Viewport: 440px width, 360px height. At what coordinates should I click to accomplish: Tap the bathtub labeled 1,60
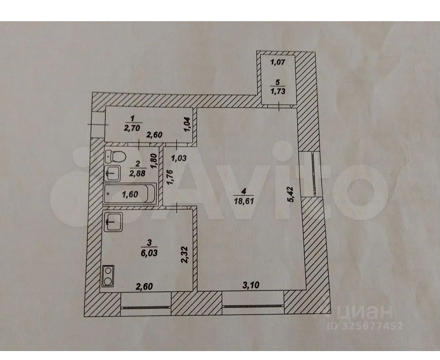[x=130, y=194]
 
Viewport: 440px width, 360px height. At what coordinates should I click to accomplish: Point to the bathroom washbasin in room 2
[x=112, y=173]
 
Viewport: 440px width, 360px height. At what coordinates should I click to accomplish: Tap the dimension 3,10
[x=251, y=286]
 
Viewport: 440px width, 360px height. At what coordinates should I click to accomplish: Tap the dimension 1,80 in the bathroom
[x=154, y=161]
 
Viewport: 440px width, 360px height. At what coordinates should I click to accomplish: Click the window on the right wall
[x=315, y=173]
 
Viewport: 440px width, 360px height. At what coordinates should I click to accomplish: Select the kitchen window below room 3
[x=145, y=307]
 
